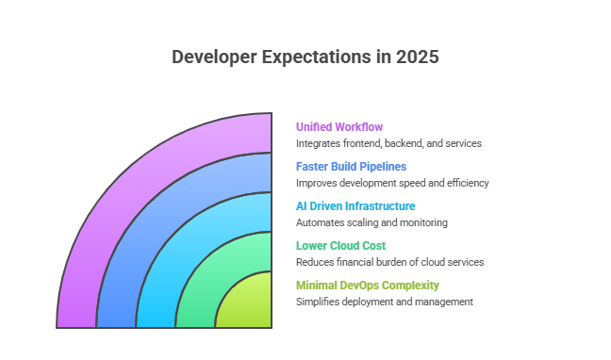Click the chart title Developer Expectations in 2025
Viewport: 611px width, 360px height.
click(x=305, y=57)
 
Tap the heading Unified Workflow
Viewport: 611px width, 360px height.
click(x=339, y=126)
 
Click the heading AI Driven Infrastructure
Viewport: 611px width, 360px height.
click(x=355, y=205)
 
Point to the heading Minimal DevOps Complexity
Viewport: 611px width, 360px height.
click(x=367, y=285)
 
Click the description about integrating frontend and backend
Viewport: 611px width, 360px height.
click(x=388, y=143)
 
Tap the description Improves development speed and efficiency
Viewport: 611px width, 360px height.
click(x=392, y=183)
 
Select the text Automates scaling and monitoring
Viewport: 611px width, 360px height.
click(x=371, y=222)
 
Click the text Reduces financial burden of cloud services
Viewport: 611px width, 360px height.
click(x=389, y=262)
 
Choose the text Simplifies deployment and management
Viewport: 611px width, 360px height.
click(x=384, y=302)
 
